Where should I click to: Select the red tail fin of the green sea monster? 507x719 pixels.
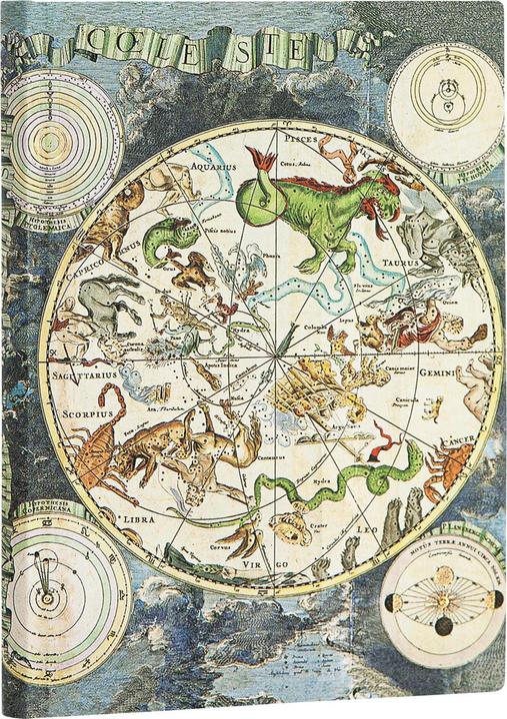[x=262, y=162]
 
